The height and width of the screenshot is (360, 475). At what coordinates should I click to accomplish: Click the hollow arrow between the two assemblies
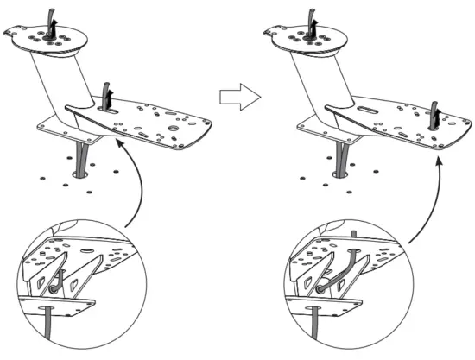pyautogui.click(x=237, y=97)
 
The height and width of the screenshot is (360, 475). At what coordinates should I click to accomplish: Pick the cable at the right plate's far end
pyautogui.click(x=434, y=113)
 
